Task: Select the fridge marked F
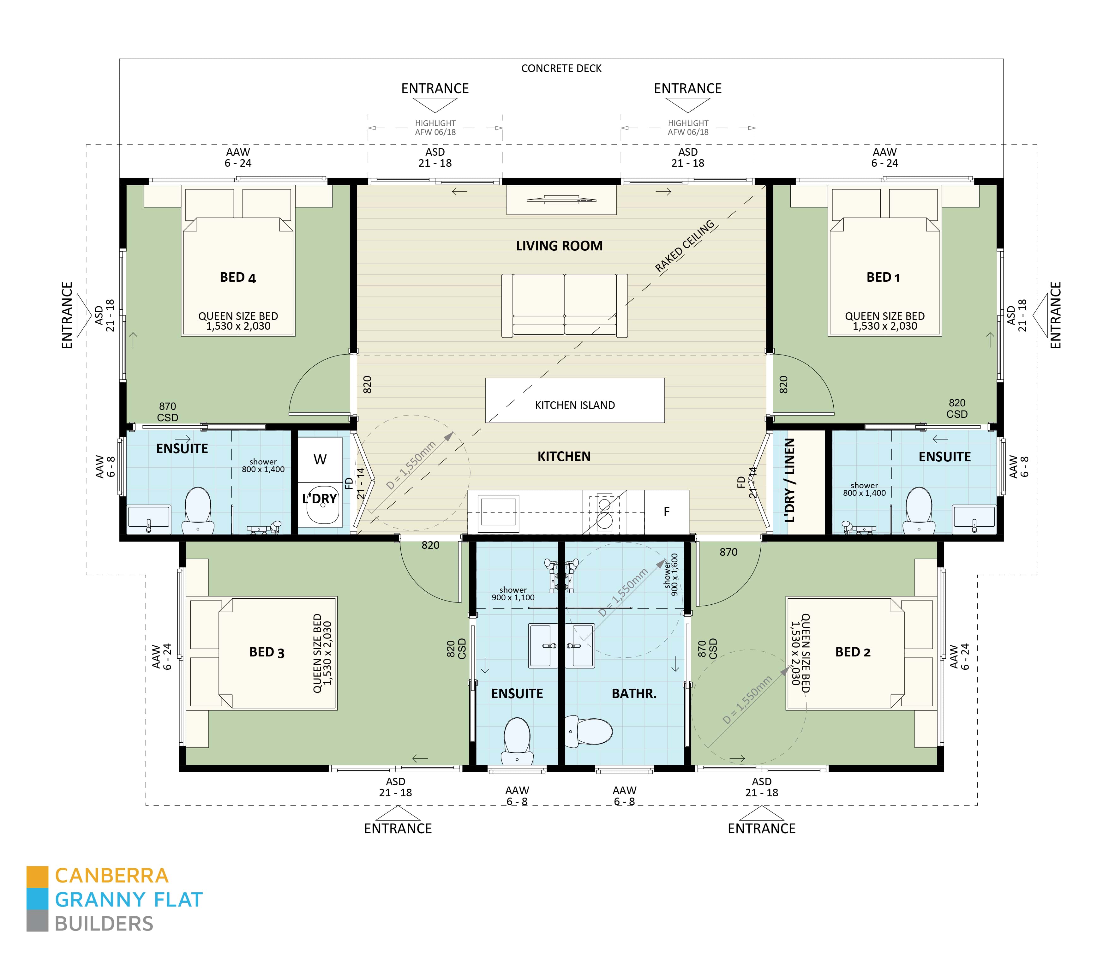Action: pyautogui.click(x=666, y=512)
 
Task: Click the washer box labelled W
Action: pyautogui.click(x=320, y=459)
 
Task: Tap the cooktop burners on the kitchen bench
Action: pyautogui.click(x=604, y=512)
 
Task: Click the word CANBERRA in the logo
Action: pyautogui.click(x=112, y=876)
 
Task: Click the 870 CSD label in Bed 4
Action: pyautogui.click(x=167, y=412)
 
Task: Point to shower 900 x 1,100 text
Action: pyautogui.click(x=513, y=594)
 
